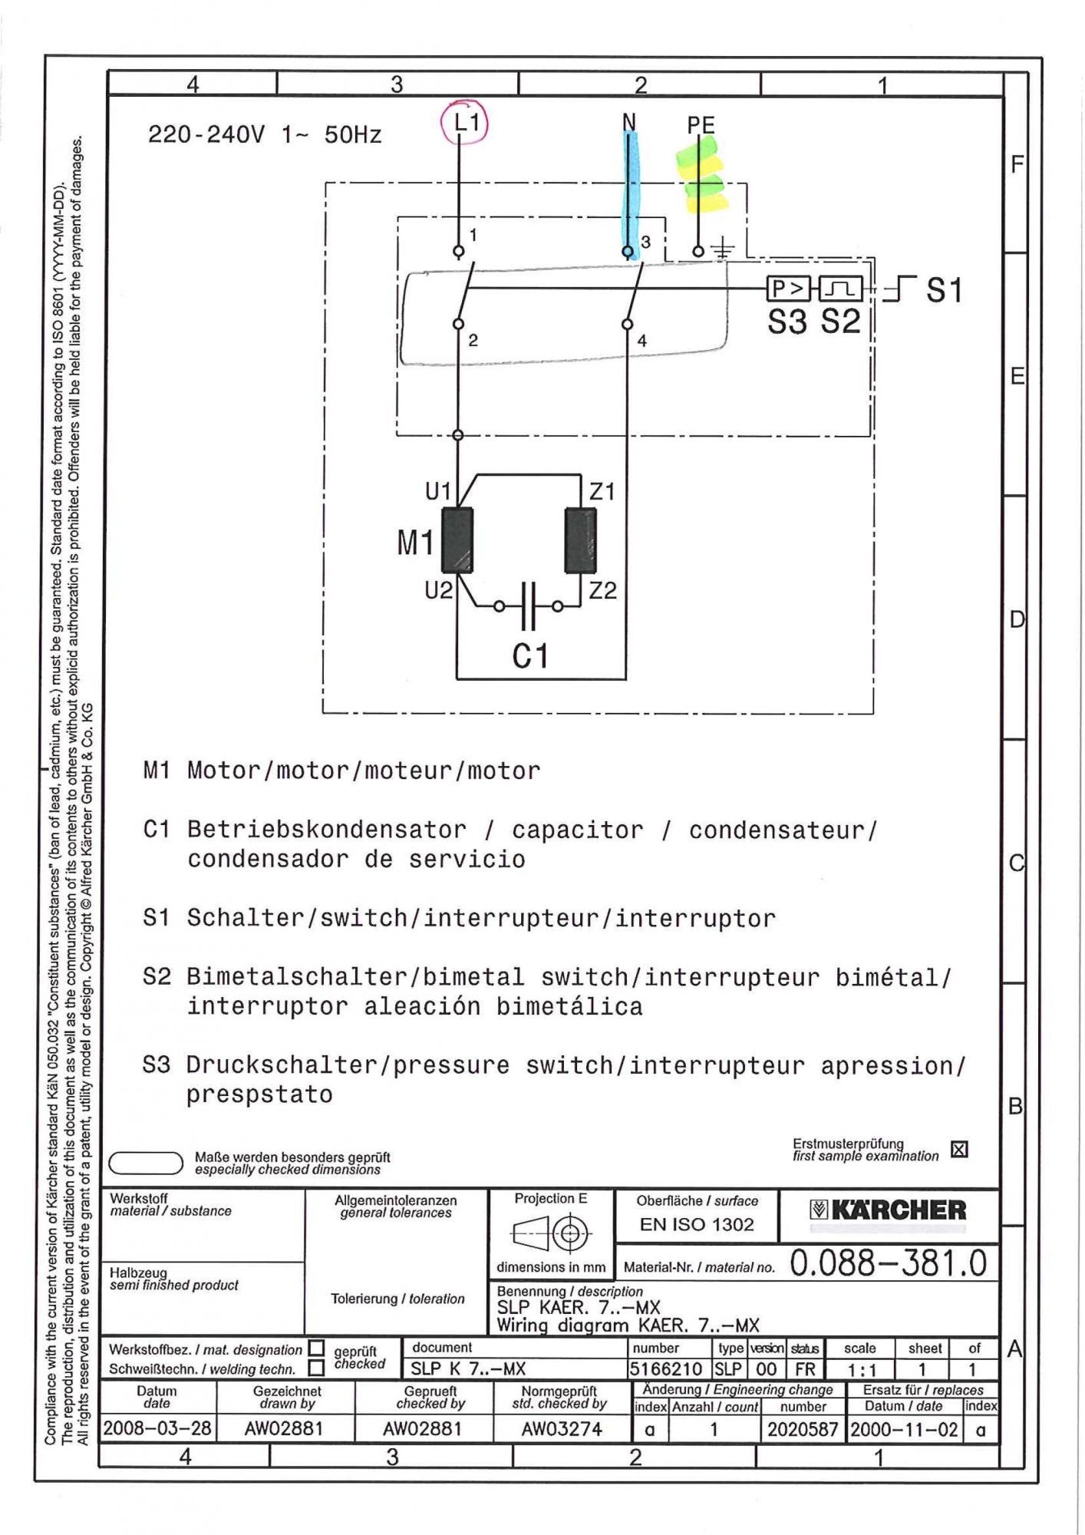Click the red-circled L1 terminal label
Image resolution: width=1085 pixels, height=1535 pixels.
tap(465, 122)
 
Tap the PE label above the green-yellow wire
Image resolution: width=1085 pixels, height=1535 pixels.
tap(701, 124)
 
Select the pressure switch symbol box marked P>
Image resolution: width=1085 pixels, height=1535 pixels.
tap(788, 289)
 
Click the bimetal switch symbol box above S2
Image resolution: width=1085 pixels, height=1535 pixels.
tap(841, 289)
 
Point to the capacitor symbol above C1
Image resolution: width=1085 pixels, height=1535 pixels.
tap(529, 606)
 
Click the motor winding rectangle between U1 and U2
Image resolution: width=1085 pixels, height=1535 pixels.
tap(457, 540)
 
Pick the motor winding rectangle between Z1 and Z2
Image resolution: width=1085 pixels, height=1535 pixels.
tap(580, 540)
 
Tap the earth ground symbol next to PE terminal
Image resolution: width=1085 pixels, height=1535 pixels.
tap(723, 249)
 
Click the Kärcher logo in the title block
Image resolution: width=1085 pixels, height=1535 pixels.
tap(888, 1211)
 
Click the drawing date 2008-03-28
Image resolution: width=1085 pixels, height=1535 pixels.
tap(157, 1429)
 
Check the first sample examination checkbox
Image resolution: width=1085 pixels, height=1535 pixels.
tap(959, 1150)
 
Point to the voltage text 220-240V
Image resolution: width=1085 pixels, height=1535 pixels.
tap(206, 135)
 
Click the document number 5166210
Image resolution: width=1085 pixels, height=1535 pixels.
tap(666, 1369)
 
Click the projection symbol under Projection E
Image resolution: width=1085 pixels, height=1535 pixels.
tap(550, 1234)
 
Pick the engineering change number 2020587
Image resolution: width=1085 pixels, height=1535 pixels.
tap(801, 1429)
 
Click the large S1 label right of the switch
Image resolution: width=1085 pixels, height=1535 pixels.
tap(944, 290)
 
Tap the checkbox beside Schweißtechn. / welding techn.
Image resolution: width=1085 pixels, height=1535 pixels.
tap(316, 1368)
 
